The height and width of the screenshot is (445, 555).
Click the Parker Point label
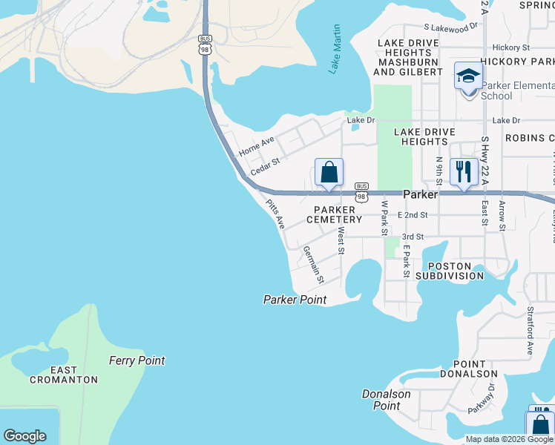coord(295,300)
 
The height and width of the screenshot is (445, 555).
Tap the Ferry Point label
coord(137,360)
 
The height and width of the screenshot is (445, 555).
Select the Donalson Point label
coord(387,400)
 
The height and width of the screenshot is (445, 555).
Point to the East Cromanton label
coord(64,375)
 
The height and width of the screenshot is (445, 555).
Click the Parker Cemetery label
coord(338,214)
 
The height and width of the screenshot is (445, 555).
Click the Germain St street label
coord(313,266)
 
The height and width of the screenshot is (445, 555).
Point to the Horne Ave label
coord(257,145)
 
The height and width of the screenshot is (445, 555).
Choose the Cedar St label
coord(265,166)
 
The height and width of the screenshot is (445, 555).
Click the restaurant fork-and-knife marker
coord(464,172)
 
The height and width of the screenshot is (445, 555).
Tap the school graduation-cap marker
coord(468,76)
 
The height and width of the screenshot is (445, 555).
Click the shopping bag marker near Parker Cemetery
coord(329,173)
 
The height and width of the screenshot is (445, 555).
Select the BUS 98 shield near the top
coord(206,43)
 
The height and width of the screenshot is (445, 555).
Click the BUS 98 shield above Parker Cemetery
coord(361,191)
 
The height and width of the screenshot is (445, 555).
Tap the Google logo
coord(24,436)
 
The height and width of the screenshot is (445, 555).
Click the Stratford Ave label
coord(531,331)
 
